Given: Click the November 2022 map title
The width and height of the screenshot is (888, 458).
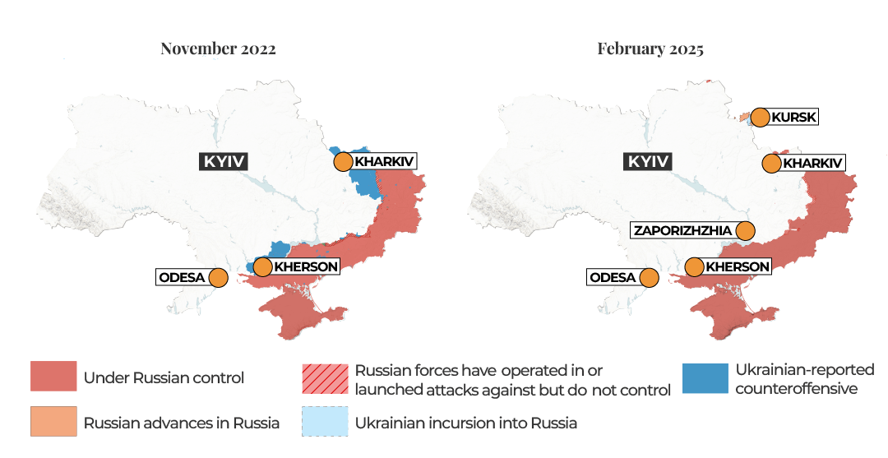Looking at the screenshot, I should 218,49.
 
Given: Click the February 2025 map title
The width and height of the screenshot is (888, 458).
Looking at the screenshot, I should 650,49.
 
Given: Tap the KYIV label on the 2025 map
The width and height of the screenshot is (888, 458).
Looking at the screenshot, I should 649,161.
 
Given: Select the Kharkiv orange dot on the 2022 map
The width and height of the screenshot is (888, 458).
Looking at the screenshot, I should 343,162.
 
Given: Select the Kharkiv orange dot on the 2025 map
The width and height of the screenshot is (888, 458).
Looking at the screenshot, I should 771,164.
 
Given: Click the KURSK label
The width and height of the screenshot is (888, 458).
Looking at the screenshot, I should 794,117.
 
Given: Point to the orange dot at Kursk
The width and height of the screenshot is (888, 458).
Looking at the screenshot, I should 761,117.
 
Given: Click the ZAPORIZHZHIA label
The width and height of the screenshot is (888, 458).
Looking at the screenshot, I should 682,230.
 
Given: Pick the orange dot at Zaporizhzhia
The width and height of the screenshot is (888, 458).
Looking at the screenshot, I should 746,231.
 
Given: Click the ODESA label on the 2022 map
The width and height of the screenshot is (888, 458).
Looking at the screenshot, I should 182,277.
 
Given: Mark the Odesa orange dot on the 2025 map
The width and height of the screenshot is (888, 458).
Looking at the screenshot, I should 650,278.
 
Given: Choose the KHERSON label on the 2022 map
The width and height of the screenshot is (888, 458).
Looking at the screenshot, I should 305,266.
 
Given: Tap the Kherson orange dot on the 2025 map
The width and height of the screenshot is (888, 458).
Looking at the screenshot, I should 694,267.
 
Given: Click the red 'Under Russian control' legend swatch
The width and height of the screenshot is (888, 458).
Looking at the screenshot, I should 53,377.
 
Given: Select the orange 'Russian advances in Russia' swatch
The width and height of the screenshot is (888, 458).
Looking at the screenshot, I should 53,422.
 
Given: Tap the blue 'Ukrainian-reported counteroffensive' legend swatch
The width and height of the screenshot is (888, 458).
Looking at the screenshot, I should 705,378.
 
